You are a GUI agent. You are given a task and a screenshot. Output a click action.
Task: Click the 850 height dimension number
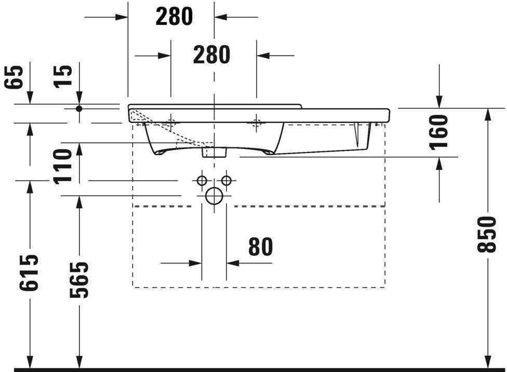click(x=487, y=235)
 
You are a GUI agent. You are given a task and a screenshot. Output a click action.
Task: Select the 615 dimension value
click(x=30, y=272)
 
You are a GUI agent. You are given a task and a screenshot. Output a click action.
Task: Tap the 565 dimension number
click(x=79, y=280)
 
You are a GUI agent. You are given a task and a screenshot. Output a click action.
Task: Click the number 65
click(x=16, y=77)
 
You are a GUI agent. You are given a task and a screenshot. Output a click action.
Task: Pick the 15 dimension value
click(x=64, y=76)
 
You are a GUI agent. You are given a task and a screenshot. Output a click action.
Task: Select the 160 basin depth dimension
click(x=439, y=132)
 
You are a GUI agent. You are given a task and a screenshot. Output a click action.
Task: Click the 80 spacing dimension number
click(x=260, y=247)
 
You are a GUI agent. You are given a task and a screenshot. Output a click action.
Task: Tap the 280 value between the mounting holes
click(x=211, y=54)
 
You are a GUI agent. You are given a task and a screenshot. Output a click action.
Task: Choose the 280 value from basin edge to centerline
click(x=174, y=17)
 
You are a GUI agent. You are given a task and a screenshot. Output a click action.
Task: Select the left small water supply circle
click(x=202, y=181)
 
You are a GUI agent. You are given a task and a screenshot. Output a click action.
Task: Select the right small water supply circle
click(x=226, y=181)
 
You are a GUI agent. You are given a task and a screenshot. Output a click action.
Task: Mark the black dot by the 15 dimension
click(x=79, y=108)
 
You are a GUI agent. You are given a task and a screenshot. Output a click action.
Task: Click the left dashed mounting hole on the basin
click(x=171, y=123)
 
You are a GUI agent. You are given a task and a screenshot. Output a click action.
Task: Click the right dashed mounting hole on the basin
click(x=256, y=123)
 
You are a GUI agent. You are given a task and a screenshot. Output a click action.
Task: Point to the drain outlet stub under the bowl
click(x=214, y=151)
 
